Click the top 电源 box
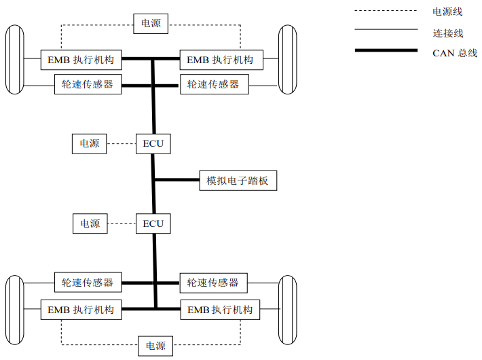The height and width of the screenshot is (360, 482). pyautogui.click(x=151, y=23)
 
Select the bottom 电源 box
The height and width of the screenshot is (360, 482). pyautogui.click(x=155, y=346)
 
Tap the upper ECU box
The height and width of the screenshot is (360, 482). pyautogui.click(x=153, y=144)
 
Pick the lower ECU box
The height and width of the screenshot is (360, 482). pyautogui.click(x=153, y=223)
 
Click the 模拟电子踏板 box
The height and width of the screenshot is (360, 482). pyautogui.click(x=238, y=181)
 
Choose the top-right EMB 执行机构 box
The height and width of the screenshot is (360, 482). pyautogui.click(x=220, y=60)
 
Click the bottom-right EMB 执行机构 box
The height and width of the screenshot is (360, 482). pyautogui.click(x=220, y=310)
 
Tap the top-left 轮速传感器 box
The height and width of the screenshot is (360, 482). pyautogui.click(x=88, y=85)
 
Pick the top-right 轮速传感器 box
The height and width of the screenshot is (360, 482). pyautogui.click(x=213, y=85)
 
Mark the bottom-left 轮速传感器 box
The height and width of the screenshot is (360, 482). pyautogui.click(x=88, y=283)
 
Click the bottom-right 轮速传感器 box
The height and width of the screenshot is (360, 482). pyautogui.click(x=213, y=283)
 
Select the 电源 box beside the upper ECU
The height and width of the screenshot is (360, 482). pyautogui.click(x=90, y=144)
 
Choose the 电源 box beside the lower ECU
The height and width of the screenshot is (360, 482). pyautogui.click(x=90, y=223)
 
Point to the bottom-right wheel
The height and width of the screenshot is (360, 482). pyautogui.click(x=288, y=309)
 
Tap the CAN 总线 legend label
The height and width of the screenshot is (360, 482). pyautogui.click(x=455, y=53)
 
